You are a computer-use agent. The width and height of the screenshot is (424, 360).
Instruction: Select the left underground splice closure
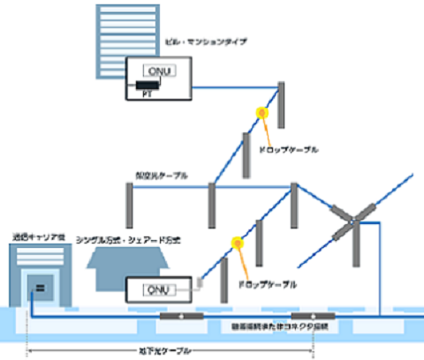click(x=180, y=316)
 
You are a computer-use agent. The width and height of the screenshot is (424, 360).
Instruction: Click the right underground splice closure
click(x=313, y=316)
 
